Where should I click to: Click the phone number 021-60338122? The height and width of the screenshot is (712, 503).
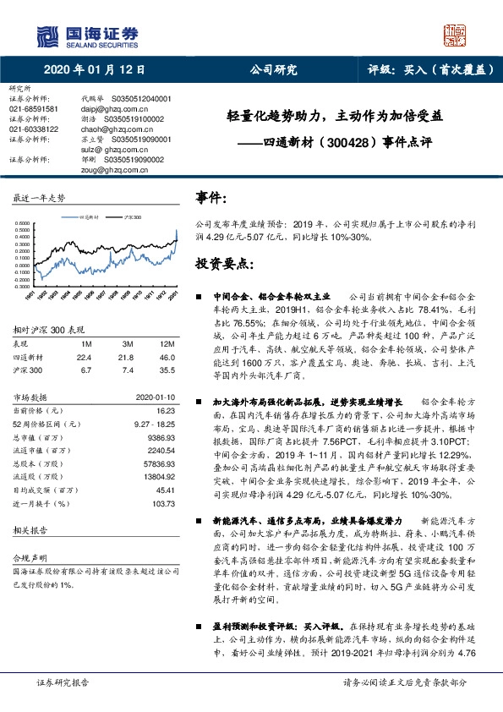click(x=34, y=129)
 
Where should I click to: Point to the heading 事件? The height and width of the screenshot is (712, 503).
click(x=211, y=198)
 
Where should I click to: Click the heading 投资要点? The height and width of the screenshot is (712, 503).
click(x=224, y=264)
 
